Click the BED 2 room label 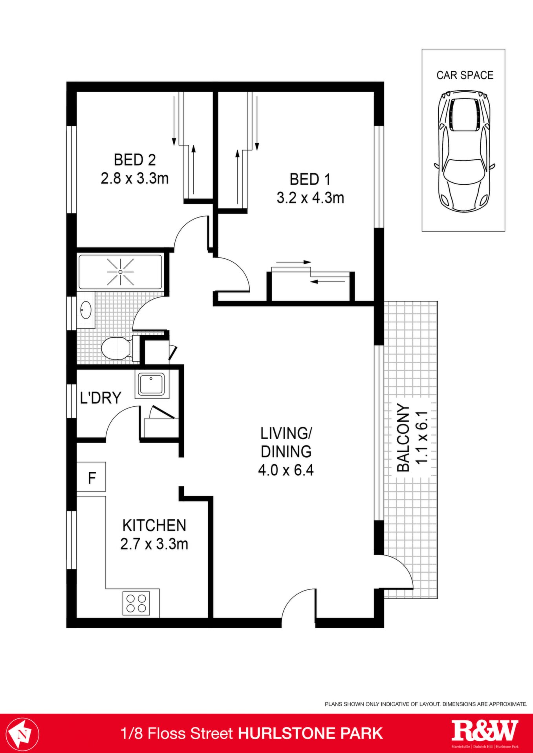[135, 160]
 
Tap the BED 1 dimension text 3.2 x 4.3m [310, 198]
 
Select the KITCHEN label [154, 526]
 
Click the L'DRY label [101, 398]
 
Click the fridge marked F [91, 477]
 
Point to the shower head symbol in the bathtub [121, 272]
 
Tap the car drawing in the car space [465, 151]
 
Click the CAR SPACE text [465, 75]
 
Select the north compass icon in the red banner [22, 733]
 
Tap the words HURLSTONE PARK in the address [310, 733]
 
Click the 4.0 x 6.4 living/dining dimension [286, 470]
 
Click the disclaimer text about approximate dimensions [426, 704]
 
